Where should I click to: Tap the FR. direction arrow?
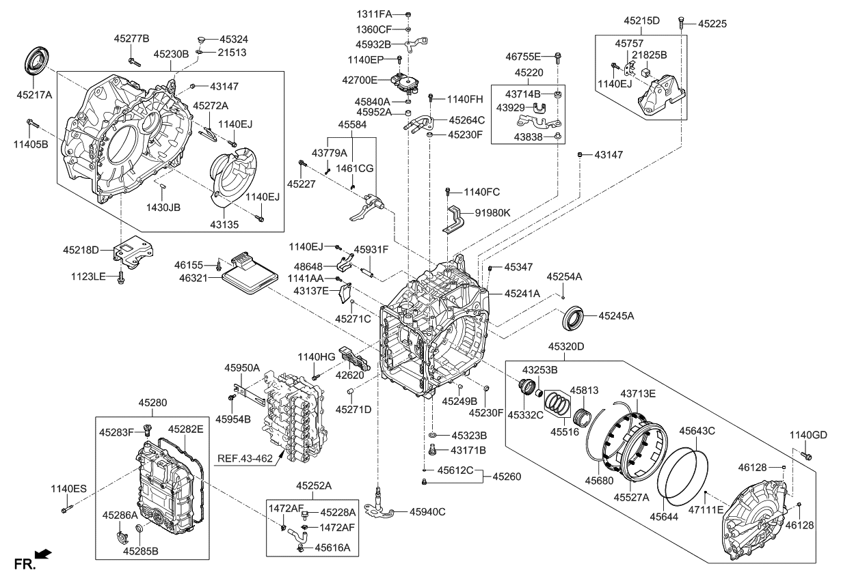pyautogui.click(x=43, y=555)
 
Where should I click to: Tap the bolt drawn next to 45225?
pyautogui.click(x=682, y=23)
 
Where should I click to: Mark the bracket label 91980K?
pyautogui.click(x=493, y=213)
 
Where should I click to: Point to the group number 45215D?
pyautogui.click(x=641, y=20)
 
